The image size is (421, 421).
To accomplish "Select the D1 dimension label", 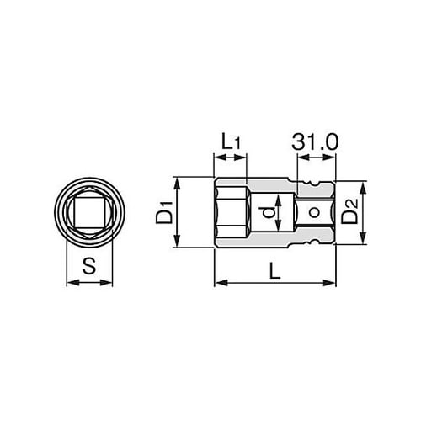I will coord(163,213).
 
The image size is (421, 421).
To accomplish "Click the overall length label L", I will coord(274,270).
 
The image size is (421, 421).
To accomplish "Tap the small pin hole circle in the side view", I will coord(313,214).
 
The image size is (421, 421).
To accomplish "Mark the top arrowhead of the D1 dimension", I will coord(176,181).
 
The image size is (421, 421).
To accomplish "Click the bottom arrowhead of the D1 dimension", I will coord(176,246).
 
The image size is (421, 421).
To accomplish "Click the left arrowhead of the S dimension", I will coord(69,283).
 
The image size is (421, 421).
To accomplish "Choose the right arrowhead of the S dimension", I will coord(108,283).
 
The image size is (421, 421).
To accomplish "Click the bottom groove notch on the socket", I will coord(316,245).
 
